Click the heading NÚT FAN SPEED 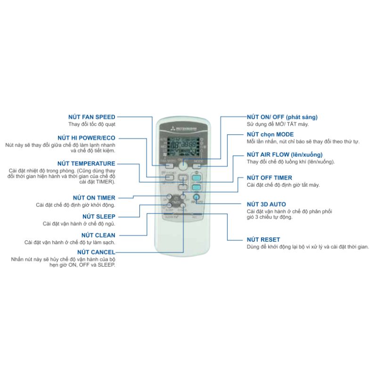pyautogui.click(x=92, y=116)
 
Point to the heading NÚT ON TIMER pyautogui.click(x=94, y=197)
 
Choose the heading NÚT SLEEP pyautogui.click(x=99, y=216)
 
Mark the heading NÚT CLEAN pyautogui.click(x=98, y=235)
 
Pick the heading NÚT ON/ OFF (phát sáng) pyautogui.click(x=282, y=116)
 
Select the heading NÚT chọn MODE pyautogui.click(x=270, y=135)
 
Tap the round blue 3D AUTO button pyautogui.click(x=197, y=197)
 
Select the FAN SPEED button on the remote pyautogui.click(x=168, y=162)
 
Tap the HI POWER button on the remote pyautogui.click(x=168, y=173)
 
